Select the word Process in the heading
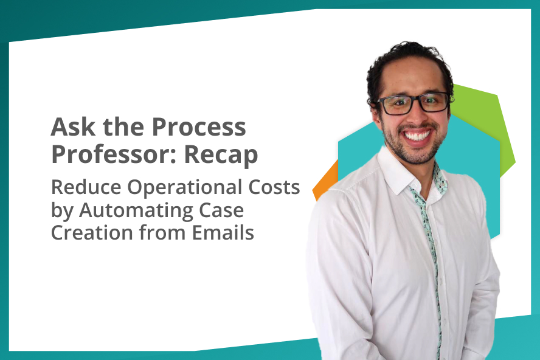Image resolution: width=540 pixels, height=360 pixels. (x=199, y=126)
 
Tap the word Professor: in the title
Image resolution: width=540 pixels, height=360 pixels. (x=116, y=154)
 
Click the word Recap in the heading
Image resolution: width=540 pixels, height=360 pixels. (x=221, y=155)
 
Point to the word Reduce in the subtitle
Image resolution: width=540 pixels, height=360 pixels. (x=86, y=187)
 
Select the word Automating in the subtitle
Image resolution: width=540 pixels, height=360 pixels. (x=136, y=211)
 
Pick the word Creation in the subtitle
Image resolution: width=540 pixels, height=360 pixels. (x=92, y=232)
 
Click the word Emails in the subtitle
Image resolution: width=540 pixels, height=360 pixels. (x=223, y=232)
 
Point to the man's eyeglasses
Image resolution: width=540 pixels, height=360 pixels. (x=413, y=103)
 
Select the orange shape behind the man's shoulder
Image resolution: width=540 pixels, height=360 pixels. (x=325, y=181)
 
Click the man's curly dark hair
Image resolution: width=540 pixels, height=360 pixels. (x=406, y=62)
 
